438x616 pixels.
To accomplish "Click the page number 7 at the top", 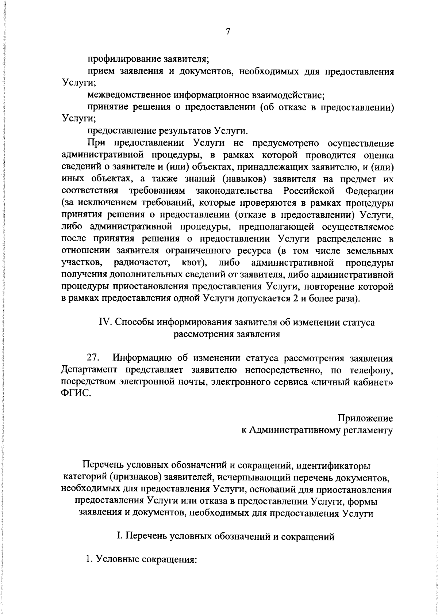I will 228,32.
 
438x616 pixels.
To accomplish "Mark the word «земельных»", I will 370,251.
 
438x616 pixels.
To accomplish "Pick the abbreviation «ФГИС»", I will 74,394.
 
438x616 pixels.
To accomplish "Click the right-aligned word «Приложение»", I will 365,418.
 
